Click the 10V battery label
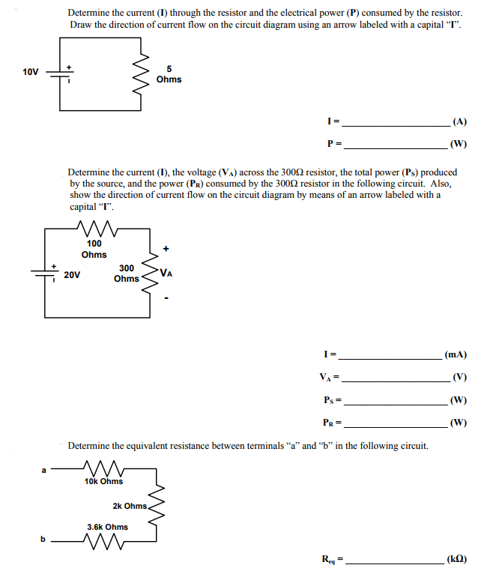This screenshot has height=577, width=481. (30, 72)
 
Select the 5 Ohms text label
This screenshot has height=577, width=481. (169, 74)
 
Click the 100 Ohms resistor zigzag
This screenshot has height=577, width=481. (97, 228)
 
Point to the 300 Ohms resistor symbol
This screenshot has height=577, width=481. (149, 275)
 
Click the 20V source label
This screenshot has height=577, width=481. (72, 275)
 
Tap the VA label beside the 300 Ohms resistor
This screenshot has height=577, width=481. (166, 273)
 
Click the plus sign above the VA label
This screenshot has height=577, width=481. (166, 249)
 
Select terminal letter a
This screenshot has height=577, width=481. (43, 471)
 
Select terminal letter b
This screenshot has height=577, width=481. (43, 539)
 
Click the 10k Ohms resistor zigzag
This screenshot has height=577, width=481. (104, 468)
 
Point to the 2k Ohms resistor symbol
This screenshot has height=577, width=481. (156, 505)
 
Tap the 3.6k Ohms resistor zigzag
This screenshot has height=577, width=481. (104, 542)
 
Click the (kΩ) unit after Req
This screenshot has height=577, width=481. (457, 559)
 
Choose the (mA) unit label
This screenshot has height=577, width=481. (456, 354)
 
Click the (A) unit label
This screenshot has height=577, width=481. (460, 121)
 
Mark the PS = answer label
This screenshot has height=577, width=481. (333, 400)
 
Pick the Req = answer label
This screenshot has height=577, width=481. (333, 560)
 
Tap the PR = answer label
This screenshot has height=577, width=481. (333, 423)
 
